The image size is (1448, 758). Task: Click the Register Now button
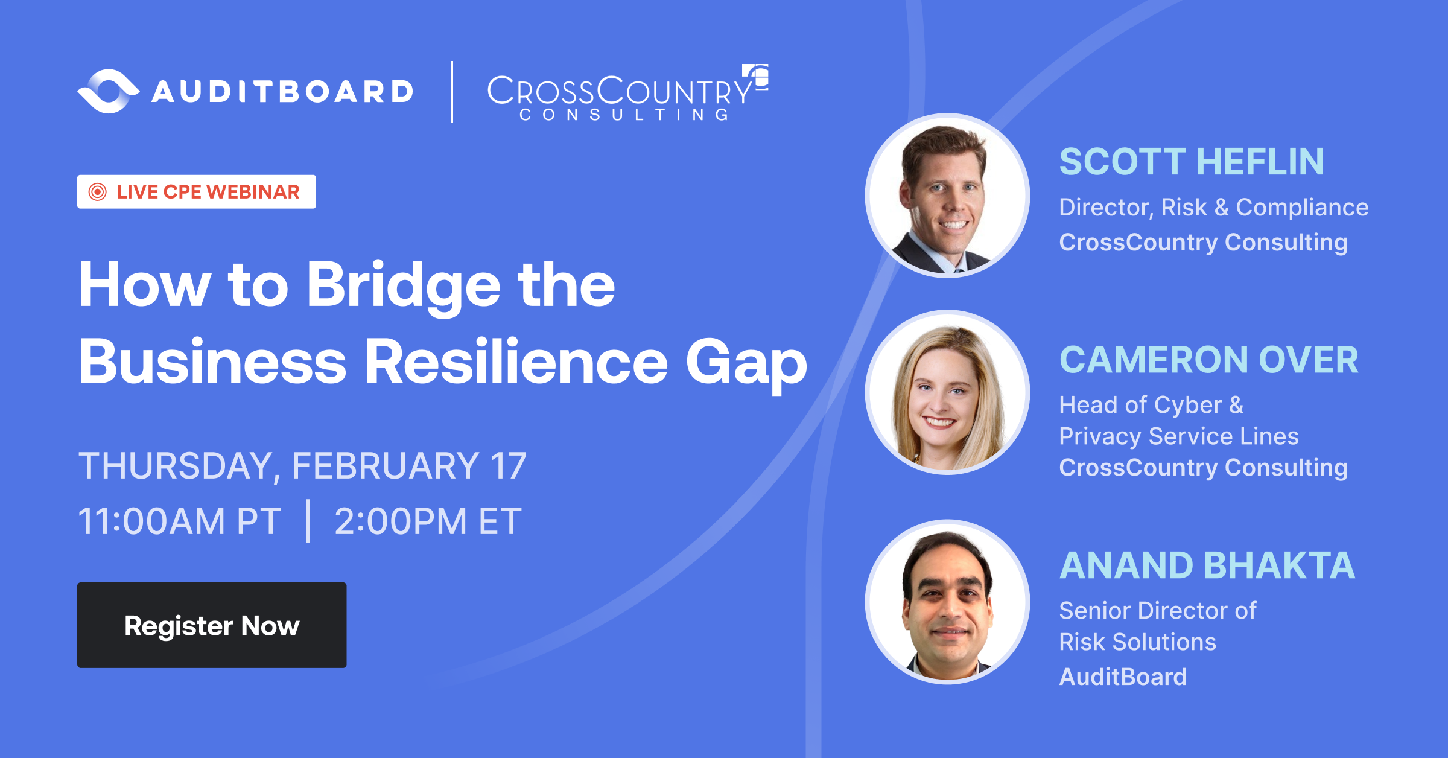tap(212, 625)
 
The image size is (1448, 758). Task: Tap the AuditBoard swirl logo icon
tap(109, 91)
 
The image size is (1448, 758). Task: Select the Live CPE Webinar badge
tap(197, 192)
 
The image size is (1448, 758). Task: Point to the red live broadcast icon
tap(97, 192)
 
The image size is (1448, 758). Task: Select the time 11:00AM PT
tap(180, 521)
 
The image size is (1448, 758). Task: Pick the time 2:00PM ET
tap(428, 521)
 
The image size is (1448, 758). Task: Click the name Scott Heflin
tap(1192, 162)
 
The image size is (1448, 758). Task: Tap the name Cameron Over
tap(1208, 360)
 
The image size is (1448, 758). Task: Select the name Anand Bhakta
tap(1207, 565)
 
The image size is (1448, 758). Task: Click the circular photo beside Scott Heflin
tap(947, 196)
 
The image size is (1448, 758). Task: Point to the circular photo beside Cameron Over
tap(947, 392)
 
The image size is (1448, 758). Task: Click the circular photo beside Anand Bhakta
tap(947, 602)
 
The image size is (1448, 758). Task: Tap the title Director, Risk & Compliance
tap(1213, 208)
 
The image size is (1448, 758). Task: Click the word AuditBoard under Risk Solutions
tap(1123, 677)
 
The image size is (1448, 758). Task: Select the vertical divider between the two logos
tap(452, 92)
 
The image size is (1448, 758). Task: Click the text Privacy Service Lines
tap(1178, 436)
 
